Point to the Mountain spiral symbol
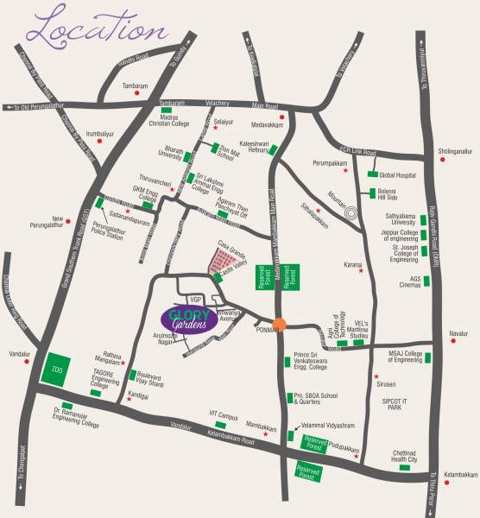click(x=351, y=212)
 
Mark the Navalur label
click(x=458, y=332)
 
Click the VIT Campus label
click(x=223, y=415)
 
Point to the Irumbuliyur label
click(x=77, y=135)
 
